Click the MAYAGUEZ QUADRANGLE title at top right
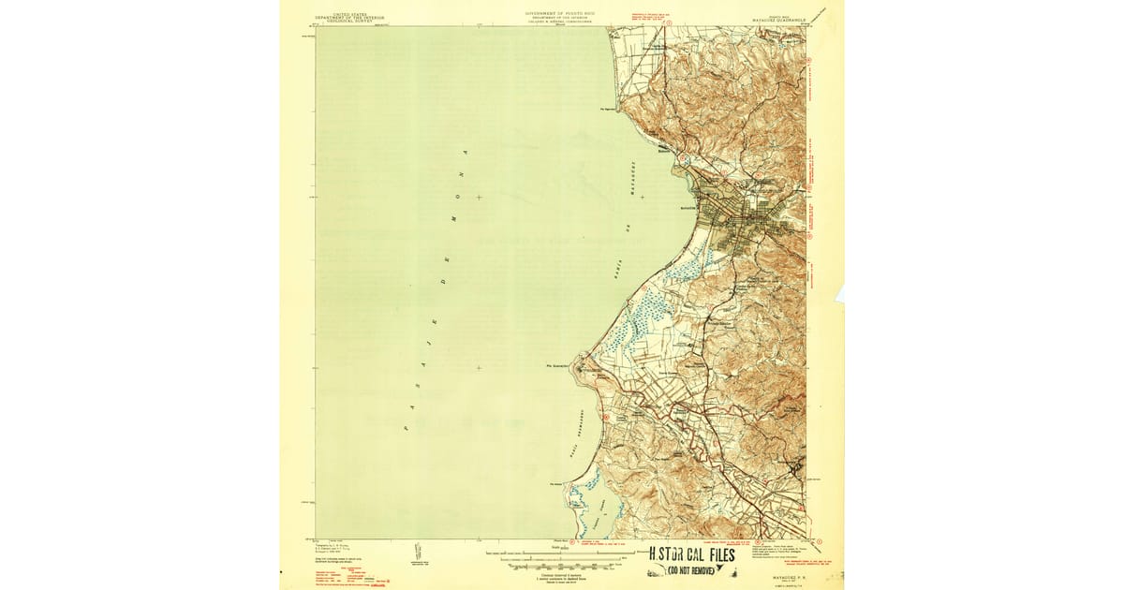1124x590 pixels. click(780, 17)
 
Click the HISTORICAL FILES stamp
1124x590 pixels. click(693, 554)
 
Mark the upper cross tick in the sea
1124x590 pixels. click(479, 197)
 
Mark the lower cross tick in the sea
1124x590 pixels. click(479, 367)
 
